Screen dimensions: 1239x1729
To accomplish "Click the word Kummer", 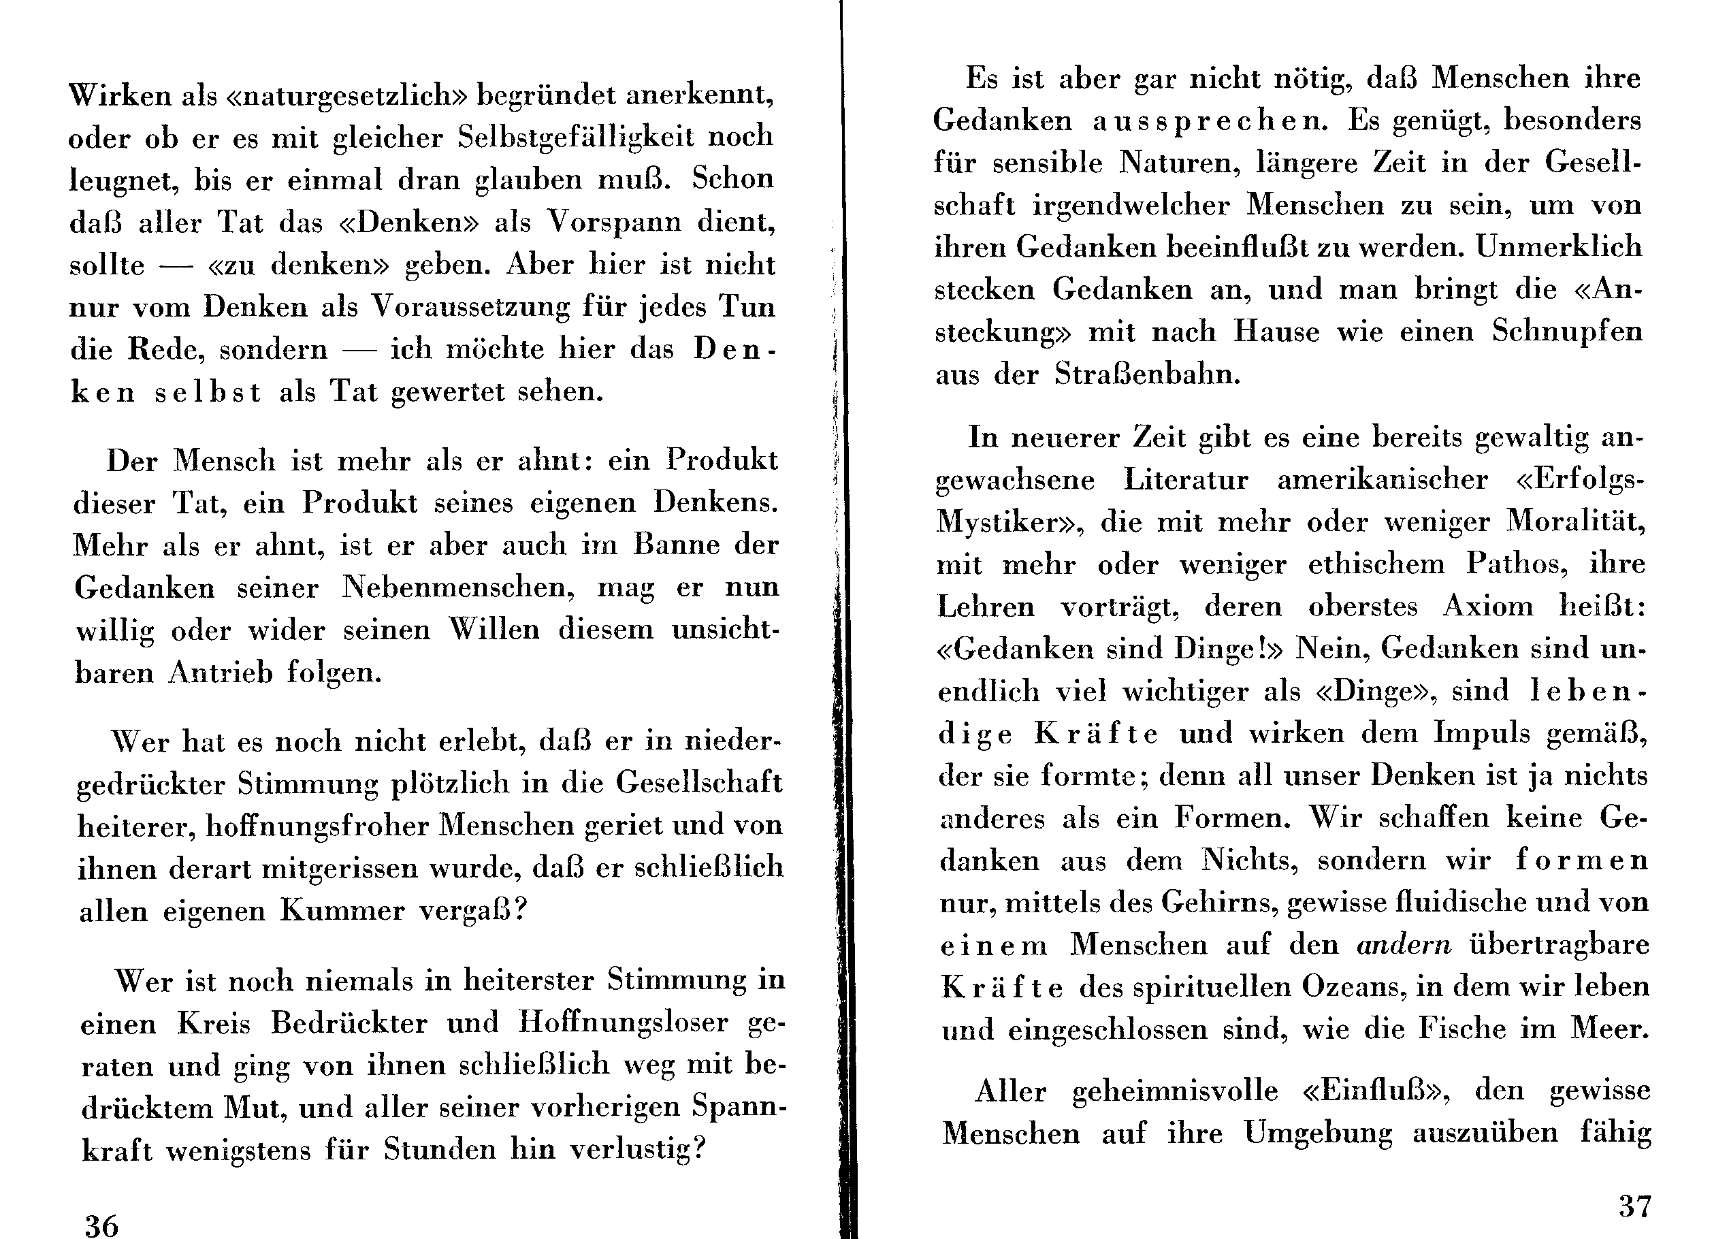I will (x=342, y=910).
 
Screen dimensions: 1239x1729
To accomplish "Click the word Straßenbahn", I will (x=1147, y=374).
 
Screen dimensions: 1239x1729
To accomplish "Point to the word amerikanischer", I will (x=1382, y=479).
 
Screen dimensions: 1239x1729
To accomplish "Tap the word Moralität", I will (x=1577, y=521).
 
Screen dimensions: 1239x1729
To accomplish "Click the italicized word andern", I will (x=1404, y=945).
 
